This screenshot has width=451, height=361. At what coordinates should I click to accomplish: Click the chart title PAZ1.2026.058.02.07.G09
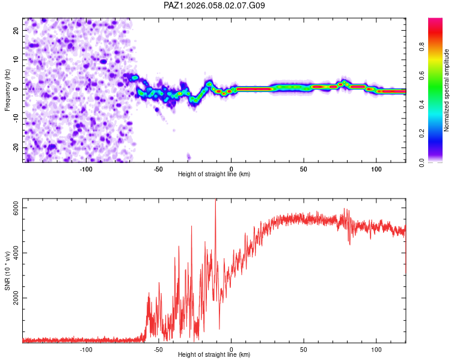tap(215, 5)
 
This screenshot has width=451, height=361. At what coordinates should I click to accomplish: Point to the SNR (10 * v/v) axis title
tap(8, 271)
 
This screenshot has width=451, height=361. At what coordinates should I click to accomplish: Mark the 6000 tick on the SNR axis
tap(17, 208)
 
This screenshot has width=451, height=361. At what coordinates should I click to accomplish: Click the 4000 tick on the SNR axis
tap(17, 253)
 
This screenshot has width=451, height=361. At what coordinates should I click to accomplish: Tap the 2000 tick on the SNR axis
tap(17, 298)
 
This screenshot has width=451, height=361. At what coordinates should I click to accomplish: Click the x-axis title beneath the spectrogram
tap(214, 174)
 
